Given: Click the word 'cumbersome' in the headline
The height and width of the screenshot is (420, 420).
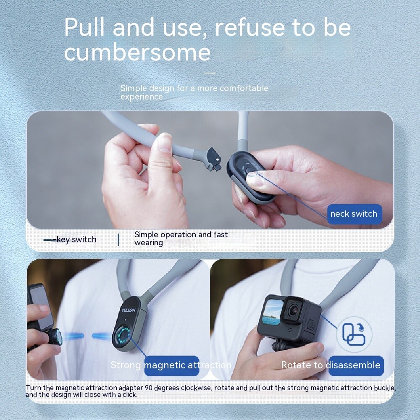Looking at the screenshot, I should click(x=137, y=53).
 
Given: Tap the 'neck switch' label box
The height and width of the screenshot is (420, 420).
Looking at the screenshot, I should click(x=354, y=214).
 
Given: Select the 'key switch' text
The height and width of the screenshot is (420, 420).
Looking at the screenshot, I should click(x=76, y=240).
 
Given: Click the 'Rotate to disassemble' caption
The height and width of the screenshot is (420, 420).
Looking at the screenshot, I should click(x=331, y=365).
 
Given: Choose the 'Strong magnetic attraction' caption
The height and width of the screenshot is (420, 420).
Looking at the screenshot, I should click(x=171, y=365).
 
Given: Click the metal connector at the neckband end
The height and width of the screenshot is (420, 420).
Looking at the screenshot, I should click(x=214, y=161).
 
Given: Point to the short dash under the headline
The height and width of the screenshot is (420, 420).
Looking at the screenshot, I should click(x=210, y=73).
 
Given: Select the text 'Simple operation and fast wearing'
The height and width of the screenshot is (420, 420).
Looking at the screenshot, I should click(x=181, y=239).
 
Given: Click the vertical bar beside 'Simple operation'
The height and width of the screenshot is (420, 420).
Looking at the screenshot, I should click(x=118, y=239).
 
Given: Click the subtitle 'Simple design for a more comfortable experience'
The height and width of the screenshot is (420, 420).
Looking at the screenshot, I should click(x=194, y=92).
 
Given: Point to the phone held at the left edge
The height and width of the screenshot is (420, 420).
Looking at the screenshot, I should click(x=40, y=307).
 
